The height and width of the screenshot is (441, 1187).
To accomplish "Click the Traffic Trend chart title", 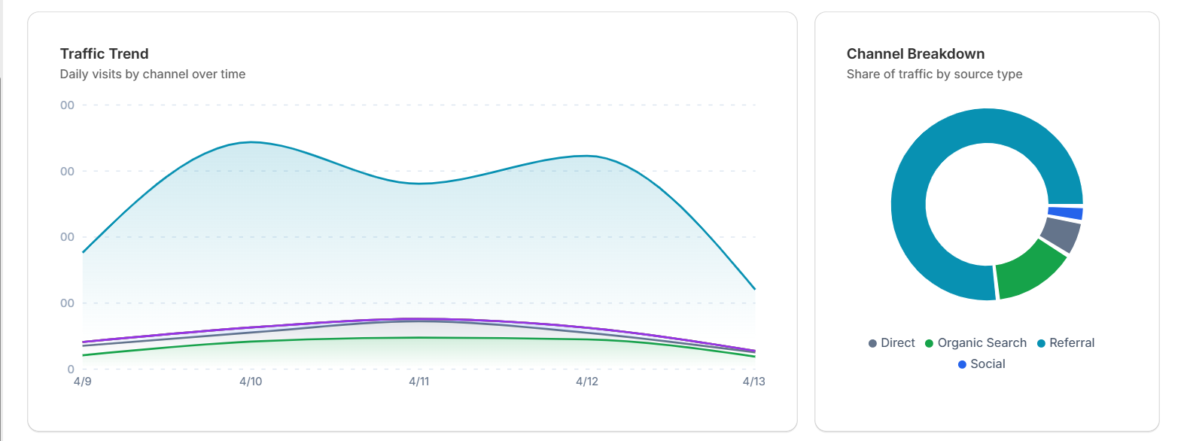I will coord(104,53).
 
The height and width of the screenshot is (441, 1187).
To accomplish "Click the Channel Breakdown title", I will coord(915,53).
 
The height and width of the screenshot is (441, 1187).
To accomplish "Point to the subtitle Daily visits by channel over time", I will coord(152,74).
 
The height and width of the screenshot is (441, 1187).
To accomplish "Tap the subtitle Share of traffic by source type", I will coord(934,74).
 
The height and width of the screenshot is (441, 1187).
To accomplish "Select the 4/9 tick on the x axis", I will coord(83,382).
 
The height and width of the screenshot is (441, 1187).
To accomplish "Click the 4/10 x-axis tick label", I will coord(251,382).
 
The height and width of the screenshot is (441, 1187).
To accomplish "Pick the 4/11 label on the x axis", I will coord(419,382).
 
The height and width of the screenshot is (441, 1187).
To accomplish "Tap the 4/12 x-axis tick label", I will coord(587,382).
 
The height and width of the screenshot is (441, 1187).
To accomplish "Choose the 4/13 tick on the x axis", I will coord(753,382).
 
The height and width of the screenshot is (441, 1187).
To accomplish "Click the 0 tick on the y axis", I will coord(71,370).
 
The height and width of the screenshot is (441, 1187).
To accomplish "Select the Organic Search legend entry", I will coord(976,343).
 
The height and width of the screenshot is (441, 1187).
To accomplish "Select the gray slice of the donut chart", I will coord(1061,234).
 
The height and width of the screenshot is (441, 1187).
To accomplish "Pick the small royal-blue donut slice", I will coord(1066,213).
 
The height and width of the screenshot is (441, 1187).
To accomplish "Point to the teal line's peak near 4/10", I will coord(251,141).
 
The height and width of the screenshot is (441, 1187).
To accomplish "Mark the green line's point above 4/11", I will coord(419,338).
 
